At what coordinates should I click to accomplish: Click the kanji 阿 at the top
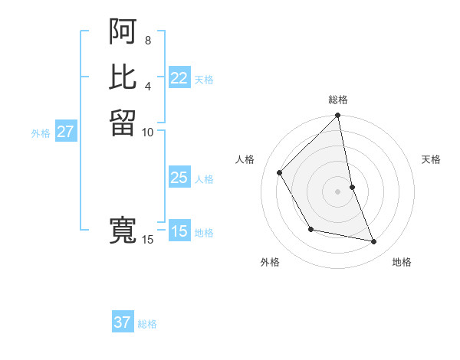(x=123, y=31)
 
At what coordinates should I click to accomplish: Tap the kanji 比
(x=123, y=77)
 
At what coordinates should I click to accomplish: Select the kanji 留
(x=123, y=123)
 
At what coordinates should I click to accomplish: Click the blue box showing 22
(x=179, y=78)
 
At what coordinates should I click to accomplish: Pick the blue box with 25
(x=179, y=178)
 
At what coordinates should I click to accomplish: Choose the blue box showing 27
(x=66, y=132)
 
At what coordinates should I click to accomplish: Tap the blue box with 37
(x=123, y=322)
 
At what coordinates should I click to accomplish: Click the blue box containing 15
(x=179, y=231)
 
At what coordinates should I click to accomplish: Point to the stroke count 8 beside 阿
(x=147, y=40)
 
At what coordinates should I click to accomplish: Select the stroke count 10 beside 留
(x=147, y=132)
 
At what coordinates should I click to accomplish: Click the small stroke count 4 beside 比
(x=147, y=85)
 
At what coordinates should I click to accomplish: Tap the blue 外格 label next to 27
(x=41, y=133)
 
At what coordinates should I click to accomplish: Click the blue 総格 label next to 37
(x=147, y=324)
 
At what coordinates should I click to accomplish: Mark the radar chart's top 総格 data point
(x=337, y=116)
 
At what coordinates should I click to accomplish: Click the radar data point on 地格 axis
(x=374, y=241)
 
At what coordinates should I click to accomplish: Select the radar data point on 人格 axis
(x=279, y=172)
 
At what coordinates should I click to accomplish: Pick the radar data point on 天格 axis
(x=352, y=187)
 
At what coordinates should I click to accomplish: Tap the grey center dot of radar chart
(x=337, y=191)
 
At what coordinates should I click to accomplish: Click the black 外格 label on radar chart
(x=270, y=262)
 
